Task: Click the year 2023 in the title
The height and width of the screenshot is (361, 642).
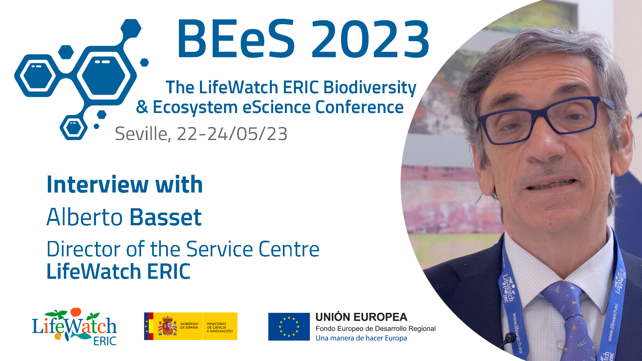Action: click(370, 39)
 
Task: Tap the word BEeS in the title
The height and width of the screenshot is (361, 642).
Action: click(236, 39)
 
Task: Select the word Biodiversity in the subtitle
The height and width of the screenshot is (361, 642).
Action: click(370, 88)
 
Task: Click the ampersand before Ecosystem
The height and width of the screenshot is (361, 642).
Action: click(142, 107)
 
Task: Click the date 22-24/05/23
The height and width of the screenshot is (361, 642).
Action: click(232, 134)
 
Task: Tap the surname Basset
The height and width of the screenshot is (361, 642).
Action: click(166, 217)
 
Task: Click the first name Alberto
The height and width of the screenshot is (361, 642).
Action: click(85, 217)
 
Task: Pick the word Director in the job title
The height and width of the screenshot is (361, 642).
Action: click(84, 249)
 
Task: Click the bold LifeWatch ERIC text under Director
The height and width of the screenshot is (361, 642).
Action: click(119, 271)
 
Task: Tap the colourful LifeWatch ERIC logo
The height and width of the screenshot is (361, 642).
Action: click(74, 327)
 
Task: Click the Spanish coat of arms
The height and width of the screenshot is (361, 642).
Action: click(168, 326)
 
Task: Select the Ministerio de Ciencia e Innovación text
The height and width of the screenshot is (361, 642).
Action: click(220, 328)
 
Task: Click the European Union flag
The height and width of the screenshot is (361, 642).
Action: click(289, 327)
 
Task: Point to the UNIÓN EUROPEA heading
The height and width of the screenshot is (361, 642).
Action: click(361, 317)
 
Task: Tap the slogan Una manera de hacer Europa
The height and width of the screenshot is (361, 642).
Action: click(361, 338)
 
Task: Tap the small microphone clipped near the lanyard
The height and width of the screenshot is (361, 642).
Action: click(510, 338)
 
